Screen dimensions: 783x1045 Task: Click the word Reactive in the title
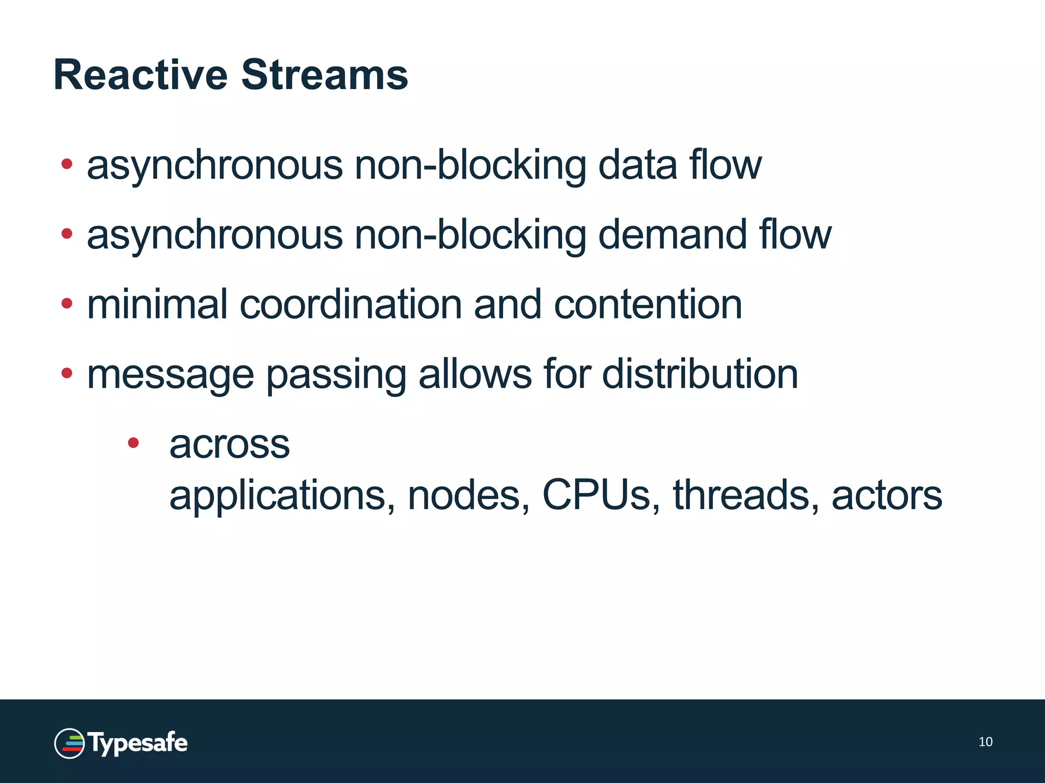coord(140,75)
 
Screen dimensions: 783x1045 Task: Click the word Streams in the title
coord(325,75)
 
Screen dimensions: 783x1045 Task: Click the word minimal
coord(157,304)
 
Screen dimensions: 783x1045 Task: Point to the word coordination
coord(351,304)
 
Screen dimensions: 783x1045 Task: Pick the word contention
coord(648,304)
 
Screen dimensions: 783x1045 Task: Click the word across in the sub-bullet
coord(230,445)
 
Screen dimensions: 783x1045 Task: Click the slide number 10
coord(985,742)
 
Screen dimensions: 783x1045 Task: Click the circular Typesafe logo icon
coord(69,743)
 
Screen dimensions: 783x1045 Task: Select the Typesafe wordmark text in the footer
coord(138,743)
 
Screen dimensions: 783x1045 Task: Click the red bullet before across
coord(133,442)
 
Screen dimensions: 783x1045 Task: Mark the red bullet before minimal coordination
coord(66,303)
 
